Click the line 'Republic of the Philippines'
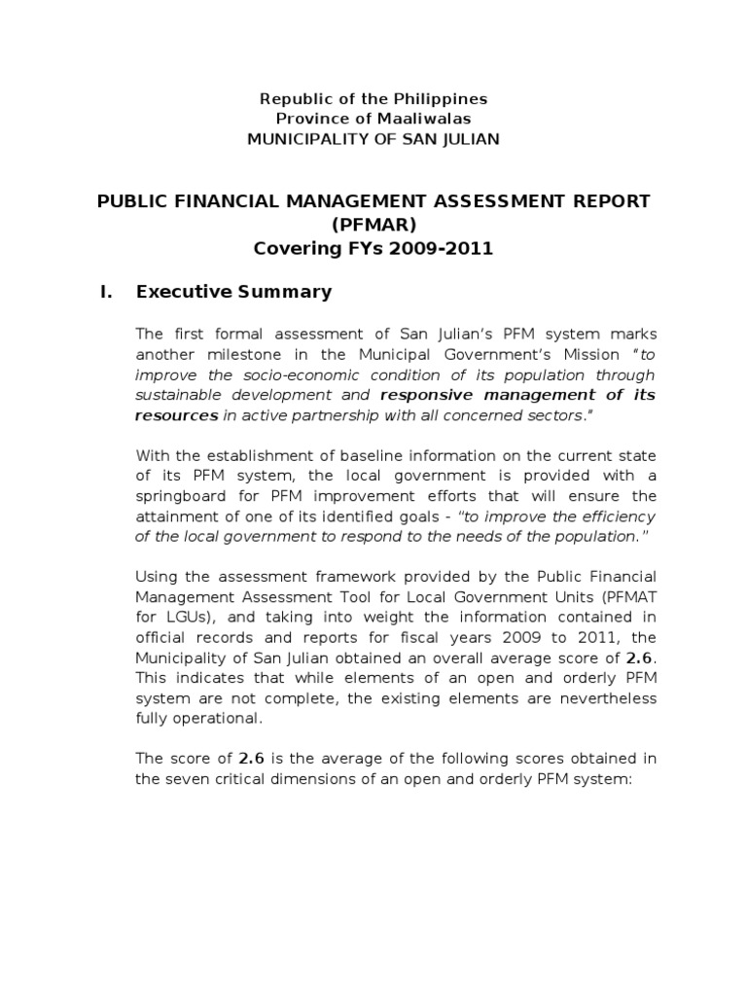point(373,99)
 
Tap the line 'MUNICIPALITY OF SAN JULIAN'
point(373,139)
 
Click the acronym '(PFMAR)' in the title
point(373,225)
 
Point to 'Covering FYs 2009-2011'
point(373,248)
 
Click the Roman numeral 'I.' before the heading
point(106,292)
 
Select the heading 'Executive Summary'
point(234,292)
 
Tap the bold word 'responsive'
point(422,395)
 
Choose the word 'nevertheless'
point(609,698)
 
